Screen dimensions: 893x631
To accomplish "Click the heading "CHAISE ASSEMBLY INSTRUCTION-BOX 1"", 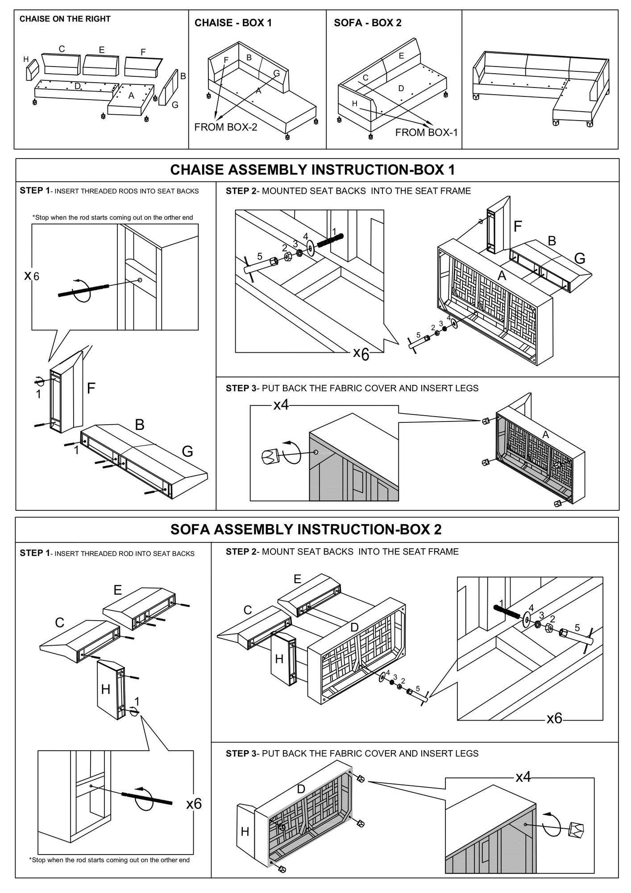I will pos(312,170).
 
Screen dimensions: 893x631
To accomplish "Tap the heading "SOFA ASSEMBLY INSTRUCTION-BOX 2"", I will pos(306,530).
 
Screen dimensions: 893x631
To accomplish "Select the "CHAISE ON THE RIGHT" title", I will pos(65,19).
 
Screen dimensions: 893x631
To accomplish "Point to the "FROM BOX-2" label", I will pos(226,127).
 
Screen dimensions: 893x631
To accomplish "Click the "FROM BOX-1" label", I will pos(426,132).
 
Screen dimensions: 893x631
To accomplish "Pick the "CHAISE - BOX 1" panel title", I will pos(233,23).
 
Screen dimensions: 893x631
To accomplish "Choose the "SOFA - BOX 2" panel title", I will pos(367,23).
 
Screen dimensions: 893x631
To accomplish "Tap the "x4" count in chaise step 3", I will pos(281,405).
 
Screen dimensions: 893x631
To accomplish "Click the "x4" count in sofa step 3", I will pos(523,777).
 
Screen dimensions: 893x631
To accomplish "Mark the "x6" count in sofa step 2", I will pos(554,718).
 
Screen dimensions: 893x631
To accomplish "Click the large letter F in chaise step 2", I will pos(518,227).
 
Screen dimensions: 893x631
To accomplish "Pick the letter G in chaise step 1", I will pos(187,452).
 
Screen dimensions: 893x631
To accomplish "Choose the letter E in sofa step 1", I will pos(117,590).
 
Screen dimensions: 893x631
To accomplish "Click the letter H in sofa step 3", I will pos(245,831).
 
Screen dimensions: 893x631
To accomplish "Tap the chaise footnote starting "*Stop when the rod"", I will pos(112,217).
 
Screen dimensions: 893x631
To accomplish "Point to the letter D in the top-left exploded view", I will pos(77,86).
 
